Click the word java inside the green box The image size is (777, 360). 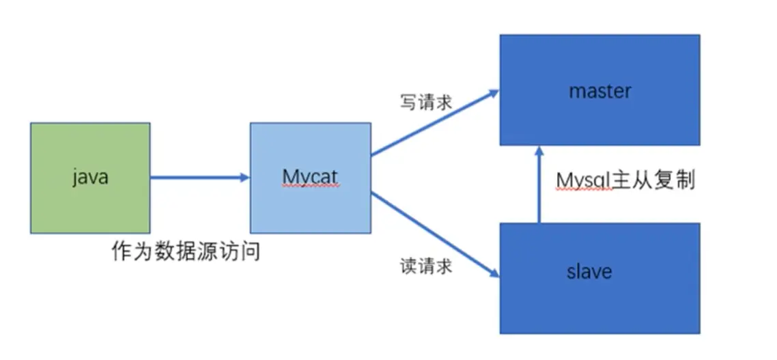pyautogui.click(x=90, y=178)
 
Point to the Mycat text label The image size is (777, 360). pyautogui.click(x=310, y=177)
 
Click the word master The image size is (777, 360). pyautogui.click(x=599, y=91)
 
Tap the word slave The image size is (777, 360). pyautogui.click(x=589, y=271)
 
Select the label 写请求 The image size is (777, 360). pyautogui.click(x=425, y=102)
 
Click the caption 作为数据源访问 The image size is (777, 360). pyautogui.click(x=186, y=252)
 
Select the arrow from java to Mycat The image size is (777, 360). pyautogui.click(x=198, y=178)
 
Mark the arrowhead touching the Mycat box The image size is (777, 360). pyautogui.click(x=245, y=178)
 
